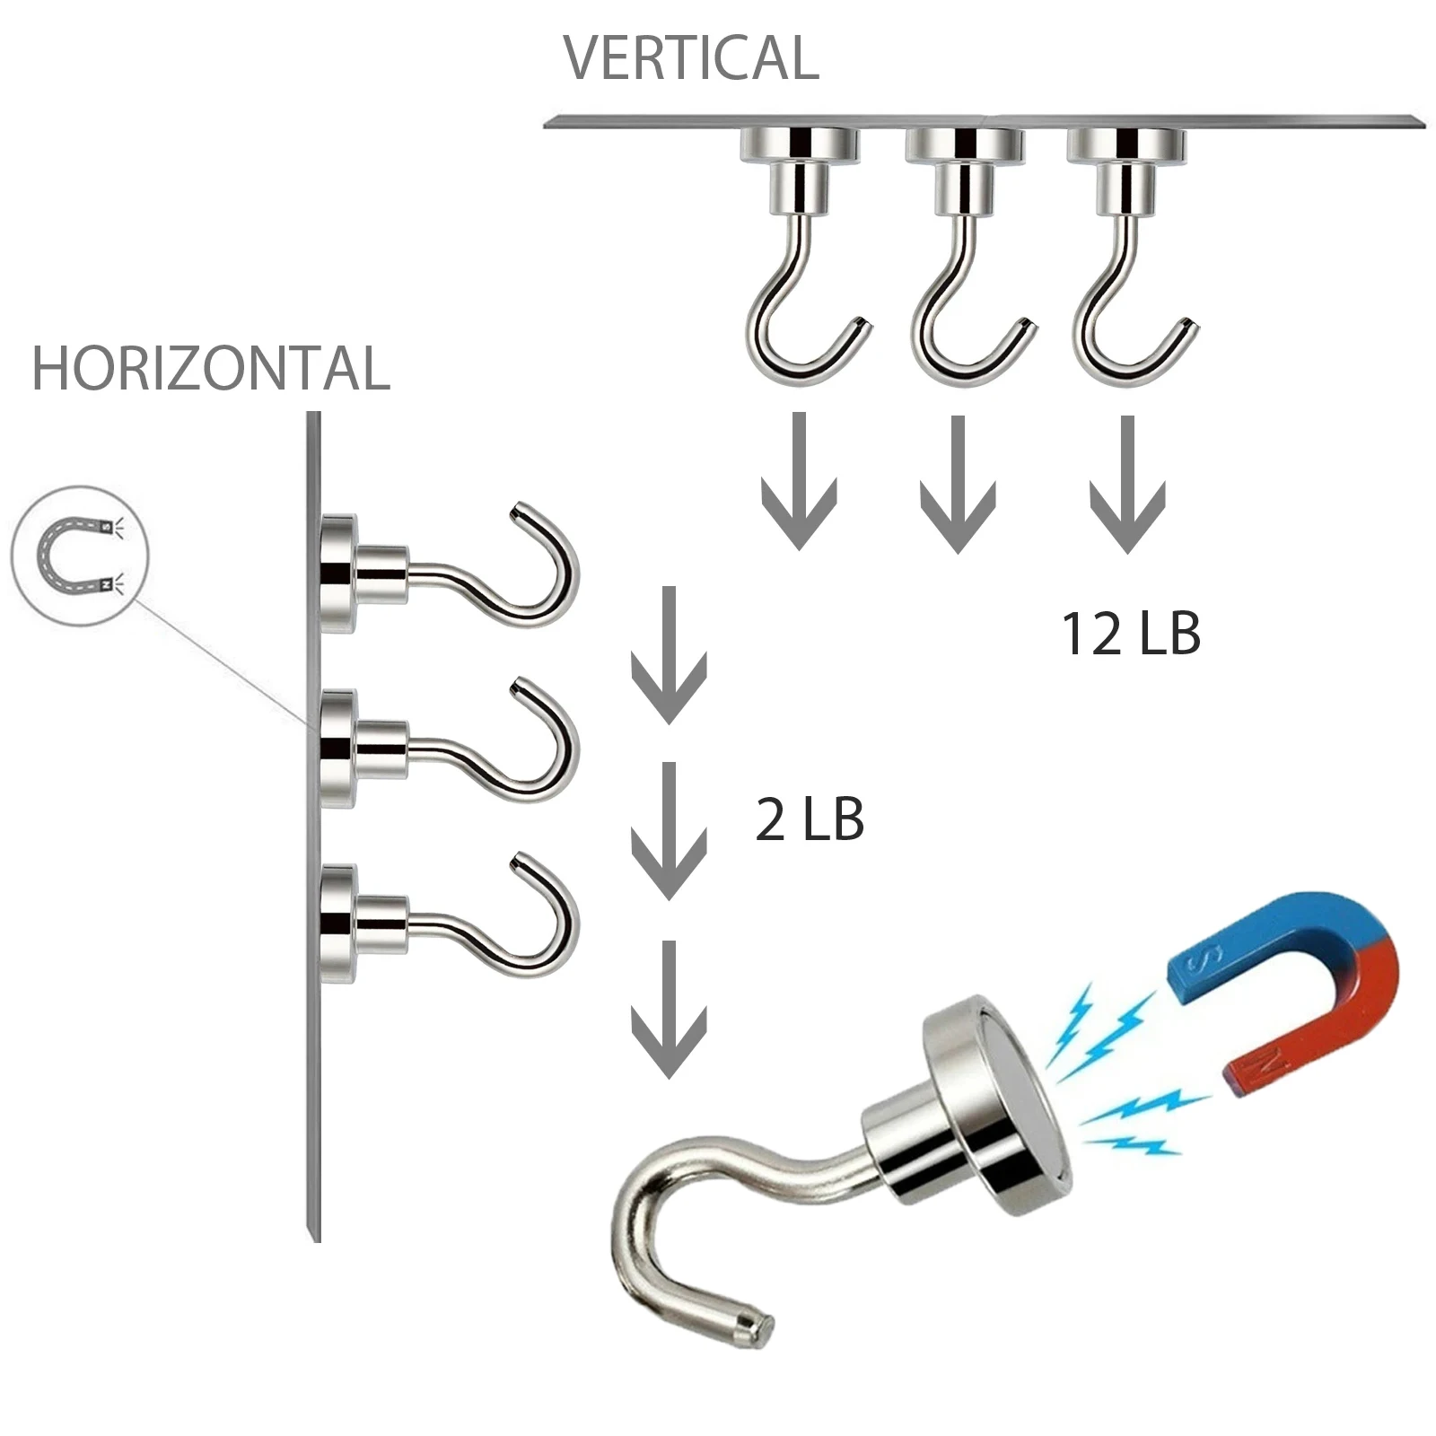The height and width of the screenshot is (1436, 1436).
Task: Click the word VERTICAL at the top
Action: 691,58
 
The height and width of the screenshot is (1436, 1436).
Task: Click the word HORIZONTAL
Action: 211,369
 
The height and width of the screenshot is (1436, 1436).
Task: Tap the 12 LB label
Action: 1131,634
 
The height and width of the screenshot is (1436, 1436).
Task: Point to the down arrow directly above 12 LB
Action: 1127,485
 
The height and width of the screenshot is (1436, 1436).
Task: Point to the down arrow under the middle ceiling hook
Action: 958,485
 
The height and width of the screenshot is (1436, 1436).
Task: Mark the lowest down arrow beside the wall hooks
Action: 669,1010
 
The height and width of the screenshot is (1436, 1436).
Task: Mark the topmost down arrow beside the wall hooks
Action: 669,655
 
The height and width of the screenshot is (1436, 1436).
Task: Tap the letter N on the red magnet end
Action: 1267,1064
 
